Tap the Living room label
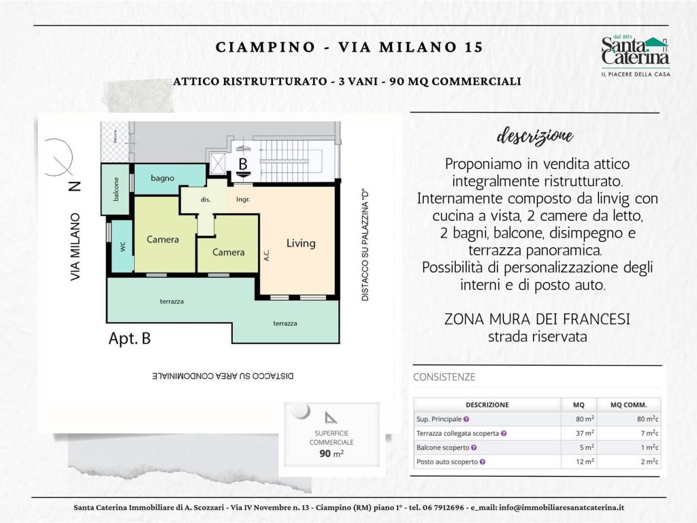[x=300, y=243]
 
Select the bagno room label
[x=163, y=178]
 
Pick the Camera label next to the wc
[x=163, y=240]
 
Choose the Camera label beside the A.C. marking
[x=228, y=252]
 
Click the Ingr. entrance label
[x=243, y=200]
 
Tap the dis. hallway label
[x=205, y=200]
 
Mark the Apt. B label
[x=129, y=338]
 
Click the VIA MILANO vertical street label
[x=76, y=247]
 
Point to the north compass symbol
[x=59, y=159]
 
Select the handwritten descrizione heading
[x=535, y=135]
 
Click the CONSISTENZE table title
[x=444, y=377]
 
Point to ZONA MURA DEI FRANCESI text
[x=536, y=319]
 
